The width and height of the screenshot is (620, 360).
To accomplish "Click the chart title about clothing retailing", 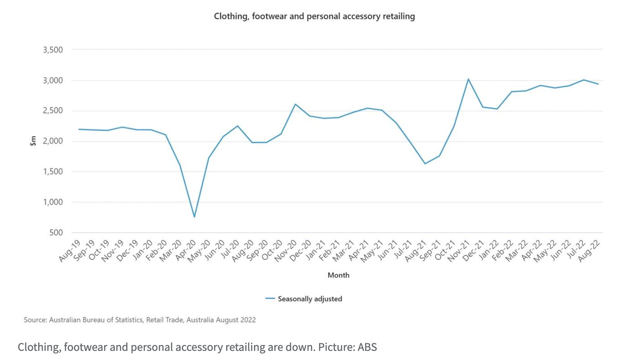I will pyautogui.click(x=314, y=16).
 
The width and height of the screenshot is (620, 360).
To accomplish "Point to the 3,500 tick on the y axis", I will pyautogui.click(x=53, y=50).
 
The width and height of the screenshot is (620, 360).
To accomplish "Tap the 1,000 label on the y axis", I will pyautogui.click(x=53, y=202).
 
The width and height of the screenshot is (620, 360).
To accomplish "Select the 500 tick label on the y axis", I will pyautogui.click(x=56, y=233).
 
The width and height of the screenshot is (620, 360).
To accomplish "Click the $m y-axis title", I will pyautogui.click(x=33, y=141).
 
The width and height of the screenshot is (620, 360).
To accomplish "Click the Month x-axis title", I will pyautogui.click(x=338, y=275).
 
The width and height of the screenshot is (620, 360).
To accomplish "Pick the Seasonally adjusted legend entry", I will pyautogui.click(x=310, y=299).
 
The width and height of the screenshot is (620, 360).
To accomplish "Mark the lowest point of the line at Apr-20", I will pyautogui.click(x=194, y=217).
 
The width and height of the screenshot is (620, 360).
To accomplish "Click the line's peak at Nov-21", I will pyautogui.click(x=468, y=79).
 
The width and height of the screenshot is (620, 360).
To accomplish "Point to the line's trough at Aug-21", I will pyautogui.click(x=425, y=164).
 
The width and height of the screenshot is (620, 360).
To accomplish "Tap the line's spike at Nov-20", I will pyautogui.click(x=295, y=104).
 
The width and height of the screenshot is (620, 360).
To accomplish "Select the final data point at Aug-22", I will pyautogui.click(x=598, y=84).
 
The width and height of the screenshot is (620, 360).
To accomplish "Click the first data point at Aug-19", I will pyautogui.click(x=79, y=129).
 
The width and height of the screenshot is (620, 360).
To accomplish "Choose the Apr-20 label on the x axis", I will pyautogui.click(x=186, y=251).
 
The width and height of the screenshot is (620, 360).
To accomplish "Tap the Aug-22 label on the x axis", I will pyautogui.click(x=589, y=251).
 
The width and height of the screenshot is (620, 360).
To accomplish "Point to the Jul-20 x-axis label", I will pyautogui.click(x=229, y=249).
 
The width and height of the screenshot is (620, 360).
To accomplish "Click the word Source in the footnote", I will pyautogui.click(x=35, y=320).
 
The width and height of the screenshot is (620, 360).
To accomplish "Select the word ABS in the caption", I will pyautogui.click(x=367, y=347).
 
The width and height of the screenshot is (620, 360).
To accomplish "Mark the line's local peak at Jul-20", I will pyautogui.click(x=237, y=126).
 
